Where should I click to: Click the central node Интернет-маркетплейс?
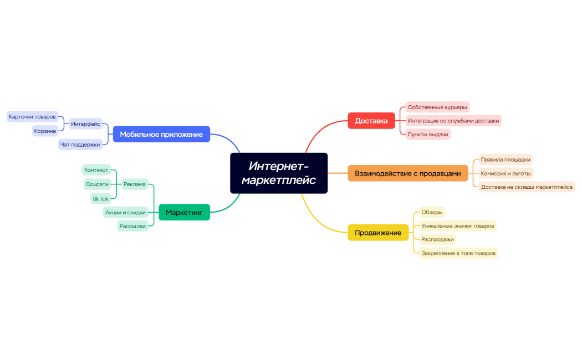[279, 173]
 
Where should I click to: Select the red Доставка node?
[371, 121]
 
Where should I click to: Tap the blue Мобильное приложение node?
[161, 134]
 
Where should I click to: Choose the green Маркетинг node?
[184, 212]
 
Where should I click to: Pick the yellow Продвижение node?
[377, 233]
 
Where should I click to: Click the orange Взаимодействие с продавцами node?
[407, 173]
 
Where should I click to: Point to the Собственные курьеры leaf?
[437, 107]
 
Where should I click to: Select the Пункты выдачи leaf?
[427, 135]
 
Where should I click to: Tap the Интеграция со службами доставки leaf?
[453, 121]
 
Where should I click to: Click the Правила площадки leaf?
[505, 160]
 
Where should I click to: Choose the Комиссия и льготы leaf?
[506, 173]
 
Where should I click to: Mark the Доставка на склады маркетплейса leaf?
[527, 187]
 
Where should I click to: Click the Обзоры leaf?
[432, 212]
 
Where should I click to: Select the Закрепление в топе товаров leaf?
[458, 253]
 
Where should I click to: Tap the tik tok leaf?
[100, 199]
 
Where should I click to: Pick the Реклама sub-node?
[134, 184]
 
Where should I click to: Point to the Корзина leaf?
[45, 131]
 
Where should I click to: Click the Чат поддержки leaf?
[80, 145]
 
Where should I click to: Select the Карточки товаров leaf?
[32, 117]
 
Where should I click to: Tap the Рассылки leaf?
[132, 226]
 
